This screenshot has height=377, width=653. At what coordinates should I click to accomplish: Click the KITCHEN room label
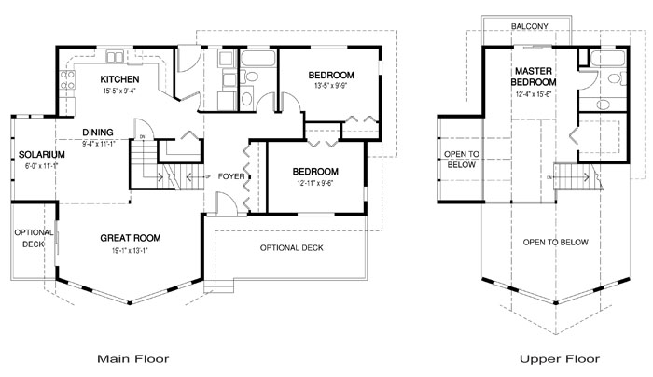[120, 79]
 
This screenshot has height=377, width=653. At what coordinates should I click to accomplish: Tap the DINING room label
[98, 132]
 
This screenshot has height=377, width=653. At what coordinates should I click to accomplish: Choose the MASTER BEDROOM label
[534, 77]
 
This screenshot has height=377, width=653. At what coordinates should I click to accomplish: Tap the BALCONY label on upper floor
[530, 25]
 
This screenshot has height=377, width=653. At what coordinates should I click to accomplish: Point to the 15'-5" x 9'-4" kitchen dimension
[120, 91]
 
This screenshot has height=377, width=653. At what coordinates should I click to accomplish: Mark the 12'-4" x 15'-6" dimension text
[534, 94]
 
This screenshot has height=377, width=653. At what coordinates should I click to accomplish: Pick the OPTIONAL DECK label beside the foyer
[291, 247]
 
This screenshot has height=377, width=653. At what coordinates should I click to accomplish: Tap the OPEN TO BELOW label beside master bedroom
[460, 160]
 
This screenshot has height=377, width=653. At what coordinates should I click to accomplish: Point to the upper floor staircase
[571, 174]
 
